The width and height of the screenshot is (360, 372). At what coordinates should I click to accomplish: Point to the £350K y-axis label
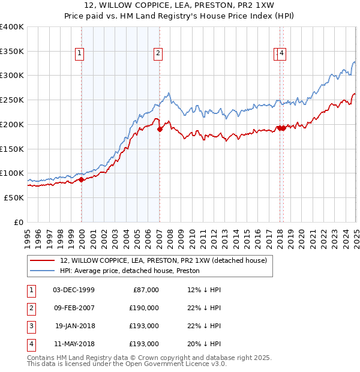click(12, 51)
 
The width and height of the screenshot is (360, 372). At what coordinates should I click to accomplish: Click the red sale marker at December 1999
click(81, 179)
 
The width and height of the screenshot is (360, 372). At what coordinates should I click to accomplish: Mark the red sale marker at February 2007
click(160, 129)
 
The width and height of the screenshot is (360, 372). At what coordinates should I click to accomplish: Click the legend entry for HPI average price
click(130, 271)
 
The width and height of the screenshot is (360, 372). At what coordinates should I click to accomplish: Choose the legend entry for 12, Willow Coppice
click(163, 260)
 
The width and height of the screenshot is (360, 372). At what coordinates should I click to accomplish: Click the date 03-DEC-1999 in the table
click(74, 290)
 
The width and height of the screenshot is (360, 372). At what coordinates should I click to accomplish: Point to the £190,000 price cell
click(144, 308)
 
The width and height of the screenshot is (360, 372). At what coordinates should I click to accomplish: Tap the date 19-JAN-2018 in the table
click(74, 326)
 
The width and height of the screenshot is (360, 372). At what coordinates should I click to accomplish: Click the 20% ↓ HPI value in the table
click(204, 344)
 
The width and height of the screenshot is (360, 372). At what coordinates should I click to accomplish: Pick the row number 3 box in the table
click(30, 326)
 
